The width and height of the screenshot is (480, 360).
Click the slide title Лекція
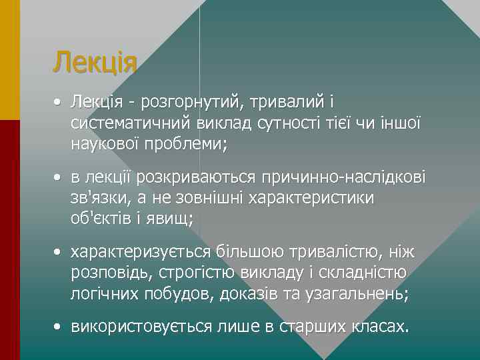(x=95, y=63)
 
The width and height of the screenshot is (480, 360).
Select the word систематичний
(x=131, y=123)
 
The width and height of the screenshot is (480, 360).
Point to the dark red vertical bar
(x=9, y=240)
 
